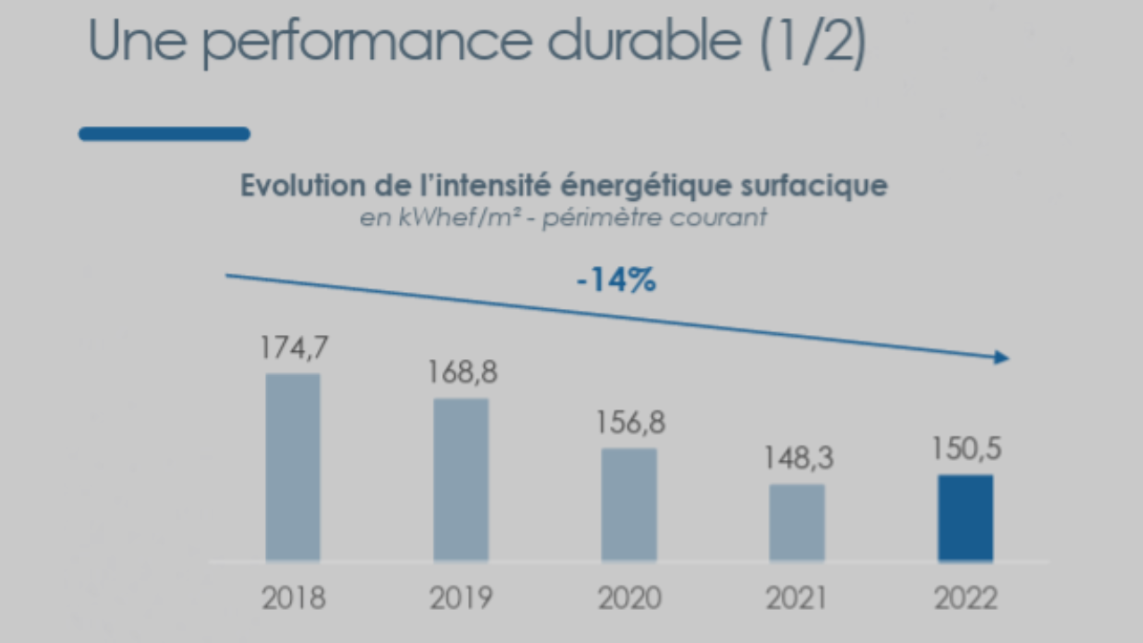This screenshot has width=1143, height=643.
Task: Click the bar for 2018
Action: (293, 467)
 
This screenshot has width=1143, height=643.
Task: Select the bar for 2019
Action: (461, 480)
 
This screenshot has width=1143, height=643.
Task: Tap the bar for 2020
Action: (629, 505)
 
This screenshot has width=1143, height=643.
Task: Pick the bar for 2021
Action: (797, 522)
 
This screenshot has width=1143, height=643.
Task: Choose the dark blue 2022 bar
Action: (965, 518)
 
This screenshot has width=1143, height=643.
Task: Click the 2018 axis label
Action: (293, 597)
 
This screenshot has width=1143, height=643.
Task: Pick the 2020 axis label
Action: (629, 597)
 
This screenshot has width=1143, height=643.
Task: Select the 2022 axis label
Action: (965, 597)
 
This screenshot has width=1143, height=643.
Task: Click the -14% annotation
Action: (616, 280)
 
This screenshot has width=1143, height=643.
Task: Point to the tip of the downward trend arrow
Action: (1006, 358)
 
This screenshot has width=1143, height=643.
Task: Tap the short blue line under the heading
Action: (164, 134)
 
